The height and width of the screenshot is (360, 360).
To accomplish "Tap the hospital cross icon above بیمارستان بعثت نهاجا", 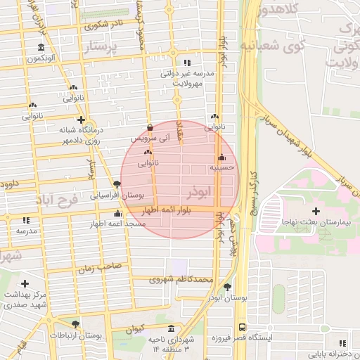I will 316,210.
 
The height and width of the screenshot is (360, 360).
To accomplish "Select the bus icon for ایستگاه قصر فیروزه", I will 243,328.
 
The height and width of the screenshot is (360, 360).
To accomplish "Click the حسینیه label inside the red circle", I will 222,168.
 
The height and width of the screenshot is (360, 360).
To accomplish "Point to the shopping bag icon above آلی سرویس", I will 150,128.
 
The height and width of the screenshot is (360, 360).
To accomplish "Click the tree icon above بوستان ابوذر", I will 227,286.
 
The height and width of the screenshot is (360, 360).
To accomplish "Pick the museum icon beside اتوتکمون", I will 40,48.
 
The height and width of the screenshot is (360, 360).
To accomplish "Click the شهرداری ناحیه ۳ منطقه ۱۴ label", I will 169,344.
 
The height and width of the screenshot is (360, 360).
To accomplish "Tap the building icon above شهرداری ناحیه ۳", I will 172,328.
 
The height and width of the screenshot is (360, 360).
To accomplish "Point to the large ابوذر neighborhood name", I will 199,191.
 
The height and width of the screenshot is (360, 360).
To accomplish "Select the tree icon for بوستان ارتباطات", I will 75,324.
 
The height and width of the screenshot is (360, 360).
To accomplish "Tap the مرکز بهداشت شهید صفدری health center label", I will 25,299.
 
